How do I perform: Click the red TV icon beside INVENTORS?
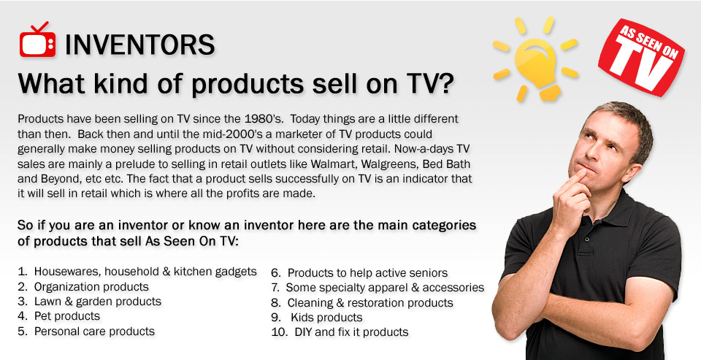(x=37, y=40)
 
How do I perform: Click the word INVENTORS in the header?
(x=140, y=45)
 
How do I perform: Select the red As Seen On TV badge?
(x=642, y=56)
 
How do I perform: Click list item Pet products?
(x=67, y=316)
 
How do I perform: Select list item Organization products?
(x=91, y=287)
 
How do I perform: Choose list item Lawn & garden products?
(x=97, y=302)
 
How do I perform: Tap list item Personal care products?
(x=94, y=332)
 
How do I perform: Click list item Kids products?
(x=326, y=318)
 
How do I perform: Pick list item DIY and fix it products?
(x=351, y=332)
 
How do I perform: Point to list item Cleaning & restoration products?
(x=370, y=303)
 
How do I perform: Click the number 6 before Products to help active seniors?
(x=275, y=273)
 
